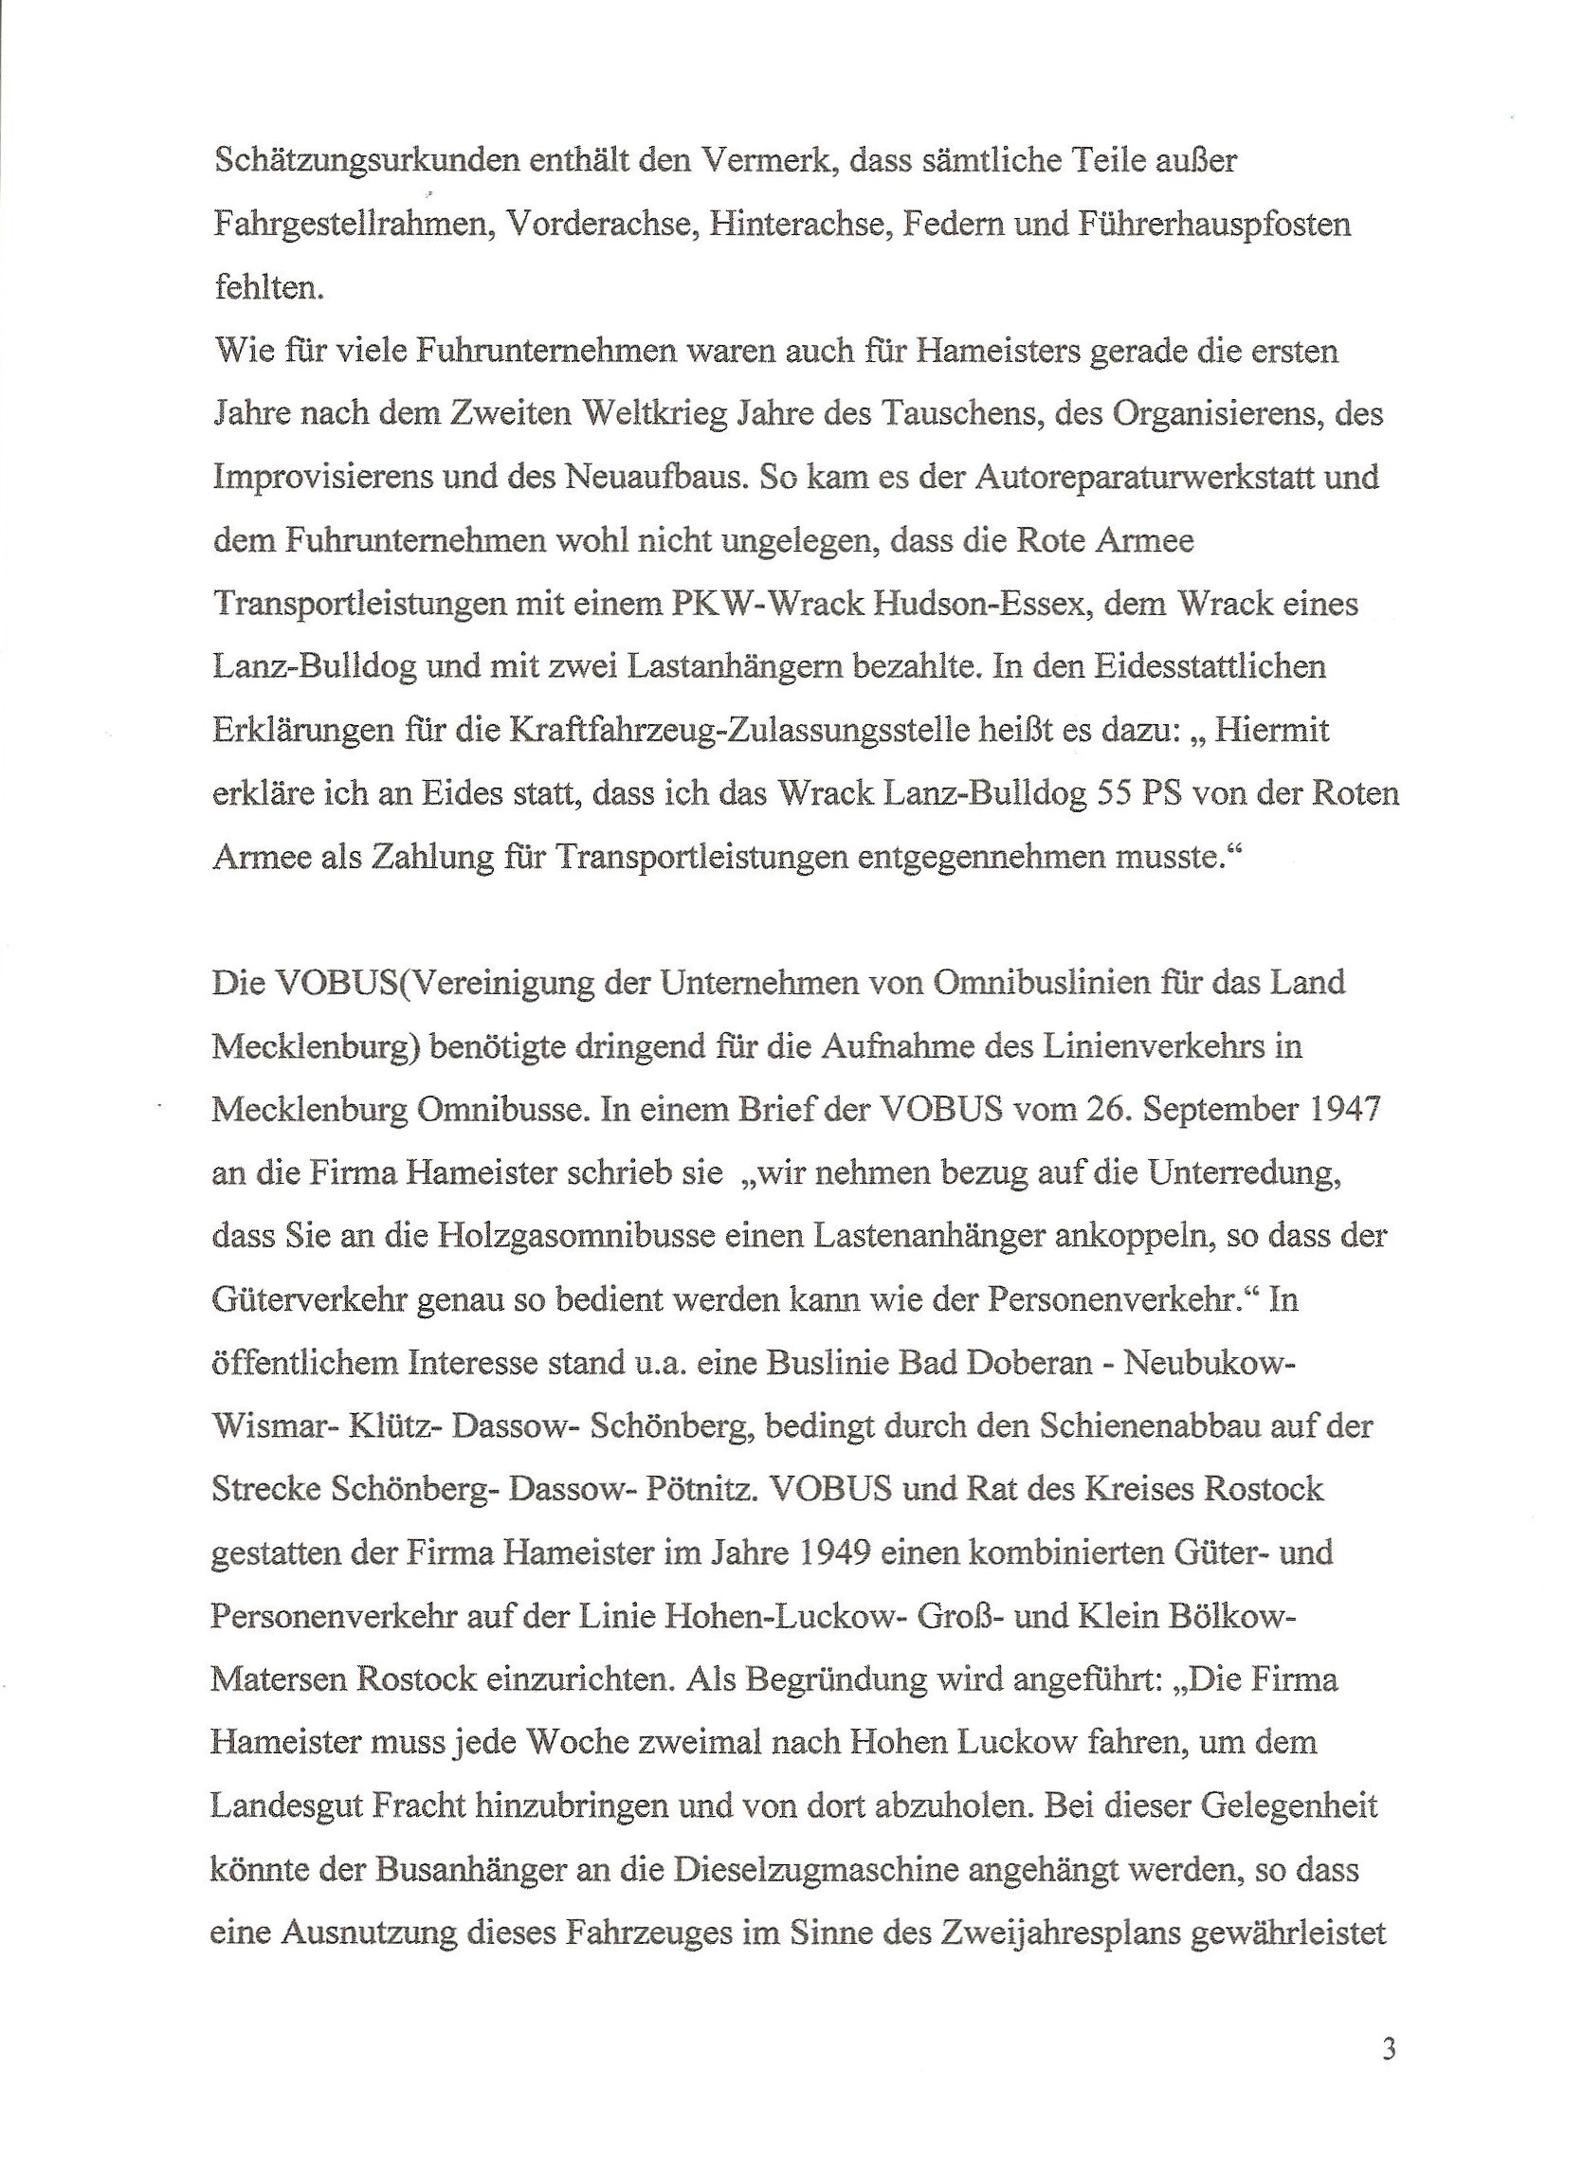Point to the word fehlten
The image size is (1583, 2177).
point(268,287)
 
